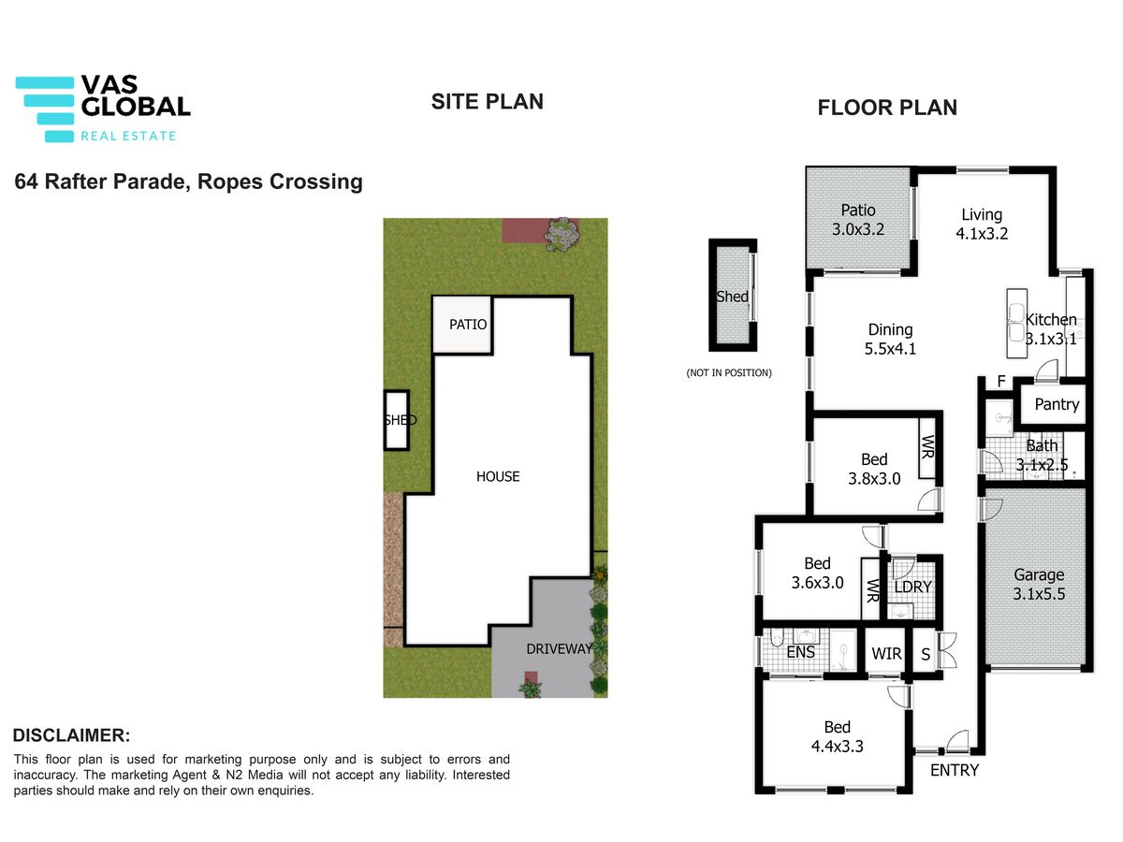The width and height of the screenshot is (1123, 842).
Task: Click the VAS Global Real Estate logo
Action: point(103,109)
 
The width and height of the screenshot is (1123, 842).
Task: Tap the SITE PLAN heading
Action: point(487,102)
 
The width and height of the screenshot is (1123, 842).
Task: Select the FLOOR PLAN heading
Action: point(887,108)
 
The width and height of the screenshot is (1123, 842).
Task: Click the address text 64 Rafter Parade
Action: point(101,181)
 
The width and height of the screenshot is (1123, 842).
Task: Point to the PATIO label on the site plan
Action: point(468,325)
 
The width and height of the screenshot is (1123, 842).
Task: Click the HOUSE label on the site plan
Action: point(498,476)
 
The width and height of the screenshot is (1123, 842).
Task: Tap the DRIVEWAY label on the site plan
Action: point(560,648)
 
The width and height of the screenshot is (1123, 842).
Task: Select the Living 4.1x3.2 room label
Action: point(982,224)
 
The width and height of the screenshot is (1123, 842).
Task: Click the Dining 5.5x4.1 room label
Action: point(890,339)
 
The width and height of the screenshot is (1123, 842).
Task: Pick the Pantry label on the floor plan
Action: point(1057,404)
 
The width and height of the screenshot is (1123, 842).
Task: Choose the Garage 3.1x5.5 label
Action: point(1039,585)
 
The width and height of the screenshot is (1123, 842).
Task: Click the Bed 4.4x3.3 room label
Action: point(837,736)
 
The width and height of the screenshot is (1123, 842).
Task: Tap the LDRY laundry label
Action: point(913,587)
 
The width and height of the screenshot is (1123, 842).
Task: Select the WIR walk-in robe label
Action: point(886,653)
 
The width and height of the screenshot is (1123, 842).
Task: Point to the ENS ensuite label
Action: point(801,652)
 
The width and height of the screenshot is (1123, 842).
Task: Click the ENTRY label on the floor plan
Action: point(955,770)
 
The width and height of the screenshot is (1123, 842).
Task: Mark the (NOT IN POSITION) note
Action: point(729,372)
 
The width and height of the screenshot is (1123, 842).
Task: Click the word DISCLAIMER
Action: point(71,735)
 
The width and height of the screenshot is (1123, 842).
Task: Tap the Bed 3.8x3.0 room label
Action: point(874,469)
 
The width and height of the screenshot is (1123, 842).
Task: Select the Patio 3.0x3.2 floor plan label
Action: point(858,219)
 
